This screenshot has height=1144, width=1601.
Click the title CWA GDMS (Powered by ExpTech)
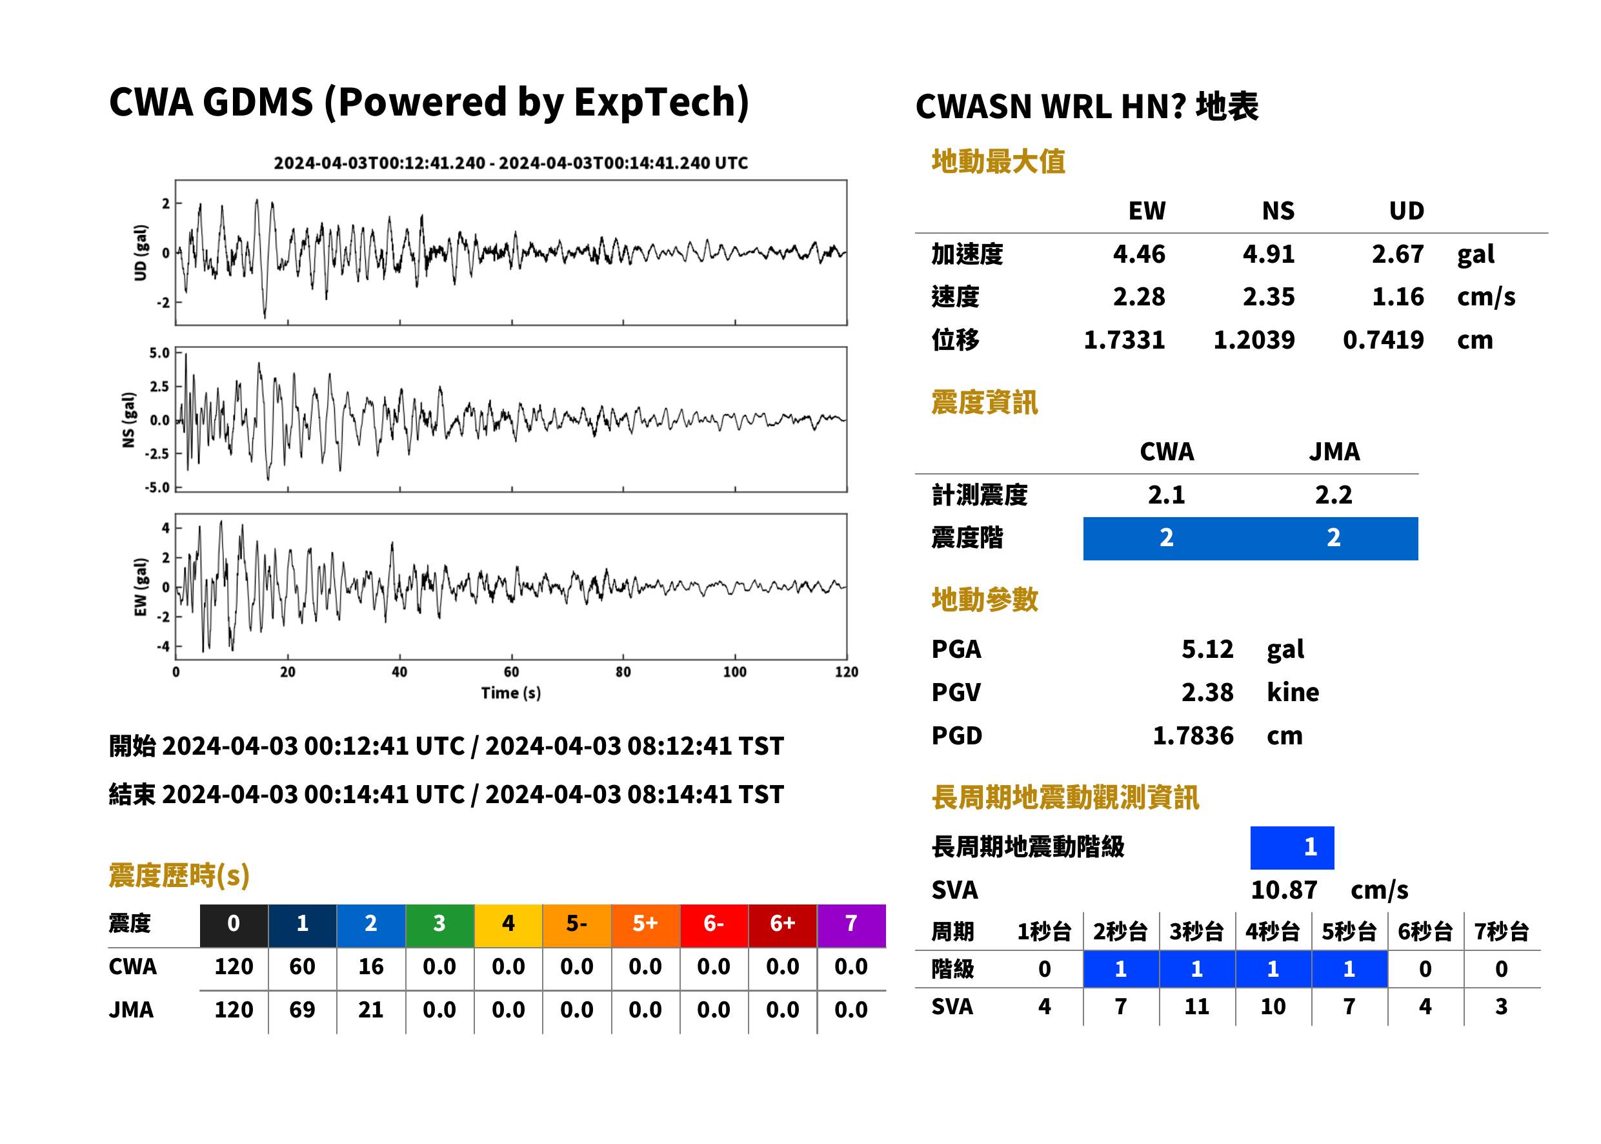click(428, 102)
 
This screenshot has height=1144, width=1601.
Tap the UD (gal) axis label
click(141, 252)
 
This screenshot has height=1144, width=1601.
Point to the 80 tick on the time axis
click(623, 671)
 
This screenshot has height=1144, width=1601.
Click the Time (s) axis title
click(511, 693)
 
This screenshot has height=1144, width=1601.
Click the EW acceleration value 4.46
click(1138, 254)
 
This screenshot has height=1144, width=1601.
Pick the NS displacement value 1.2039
click(1253, 340)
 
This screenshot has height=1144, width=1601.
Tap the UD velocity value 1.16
click(1398, 296)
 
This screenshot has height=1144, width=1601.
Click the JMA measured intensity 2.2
click(1333, 495)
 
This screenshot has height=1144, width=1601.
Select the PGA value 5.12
click(1207, 649)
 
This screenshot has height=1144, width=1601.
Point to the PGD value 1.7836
click(1193, 735)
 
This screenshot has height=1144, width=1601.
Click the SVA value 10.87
click(1284, 890)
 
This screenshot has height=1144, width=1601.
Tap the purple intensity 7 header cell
click(851, 925)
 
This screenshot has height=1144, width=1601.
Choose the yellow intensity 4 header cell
click(508, 925)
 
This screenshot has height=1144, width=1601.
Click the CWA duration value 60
click(302, 966)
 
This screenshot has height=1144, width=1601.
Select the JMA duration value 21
click(371, 1010)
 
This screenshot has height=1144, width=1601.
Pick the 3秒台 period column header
click(1196, 931)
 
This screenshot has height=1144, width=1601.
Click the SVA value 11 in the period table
click(1196, 1006)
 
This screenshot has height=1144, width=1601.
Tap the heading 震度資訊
click(984, 402)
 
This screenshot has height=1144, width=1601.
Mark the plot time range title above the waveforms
click(510, 163)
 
